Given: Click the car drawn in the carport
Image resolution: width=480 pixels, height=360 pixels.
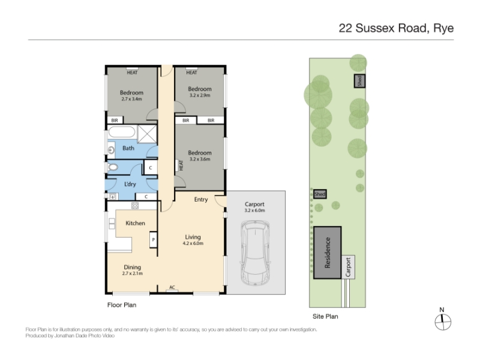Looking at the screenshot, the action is point(255,253).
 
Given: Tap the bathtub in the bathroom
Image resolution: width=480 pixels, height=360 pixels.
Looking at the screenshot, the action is point(122,132).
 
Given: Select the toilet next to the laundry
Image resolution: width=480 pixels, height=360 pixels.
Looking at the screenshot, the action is point(113,167).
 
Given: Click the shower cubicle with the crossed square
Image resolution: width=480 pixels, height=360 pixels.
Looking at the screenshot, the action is point(147,134).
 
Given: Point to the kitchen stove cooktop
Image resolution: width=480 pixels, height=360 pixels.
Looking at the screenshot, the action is point(135,206).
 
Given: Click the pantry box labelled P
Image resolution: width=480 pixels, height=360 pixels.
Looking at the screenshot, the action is point(153,239).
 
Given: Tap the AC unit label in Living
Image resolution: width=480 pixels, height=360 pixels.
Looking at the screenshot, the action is point(172,287).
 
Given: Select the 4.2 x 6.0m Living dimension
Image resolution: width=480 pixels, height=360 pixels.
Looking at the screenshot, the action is point(193,244).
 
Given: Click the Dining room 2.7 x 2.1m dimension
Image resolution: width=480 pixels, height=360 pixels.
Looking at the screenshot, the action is point(132,274).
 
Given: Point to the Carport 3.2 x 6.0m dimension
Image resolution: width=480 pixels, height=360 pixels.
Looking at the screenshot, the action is point(254,211).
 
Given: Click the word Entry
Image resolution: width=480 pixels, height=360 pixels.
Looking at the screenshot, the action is point(201,200).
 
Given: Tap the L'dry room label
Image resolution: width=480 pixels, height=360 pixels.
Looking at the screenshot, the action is point(130,184).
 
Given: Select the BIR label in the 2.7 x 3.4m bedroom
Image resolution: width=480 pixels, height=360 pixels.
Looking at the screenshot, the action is point(115,121).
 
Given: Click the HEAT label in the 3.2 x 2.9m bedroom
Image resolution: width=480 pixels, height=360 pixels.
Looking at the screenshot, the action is point(191,73).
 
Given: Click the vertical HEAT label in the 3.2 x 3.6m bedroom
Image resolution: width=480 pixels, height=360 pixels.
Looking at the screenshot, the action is point(181,166).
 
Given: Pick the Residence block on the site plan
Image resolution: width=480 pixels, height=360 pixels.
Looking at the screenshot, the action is point(327,253).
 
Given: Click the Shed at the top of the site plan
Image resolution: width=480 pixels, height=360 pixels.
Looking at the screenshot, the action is point(359,81).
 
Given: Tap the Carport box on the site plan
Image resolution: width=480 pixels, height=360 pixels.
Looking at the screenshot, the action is point(348,267).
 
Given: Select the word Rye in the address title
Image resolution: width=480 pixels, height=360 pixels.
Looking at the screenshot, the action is point(443,28).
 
